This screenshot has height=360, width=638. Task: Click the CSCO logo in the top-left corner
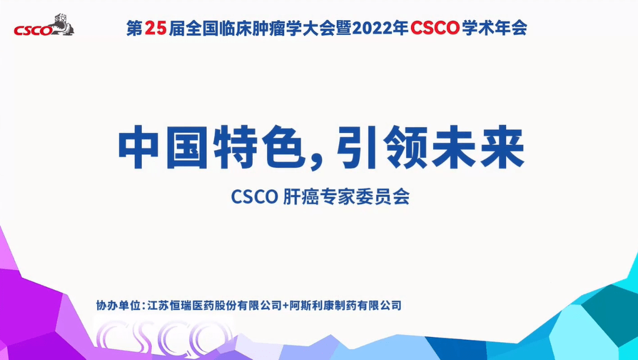(x=44, y=25)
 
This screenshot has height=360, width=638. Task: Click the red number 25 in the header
(x=156, y=27)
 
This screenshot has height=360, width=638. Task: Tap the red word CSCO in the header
(x=436, y=27)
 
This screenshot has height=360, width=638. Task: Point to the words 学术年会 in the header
(x=494, y=27)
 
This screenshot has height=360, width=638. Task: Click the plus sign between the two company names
(x=286, y=306)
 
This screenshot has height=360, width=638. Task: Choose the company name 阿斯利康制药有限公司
(x=346, y=306)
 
